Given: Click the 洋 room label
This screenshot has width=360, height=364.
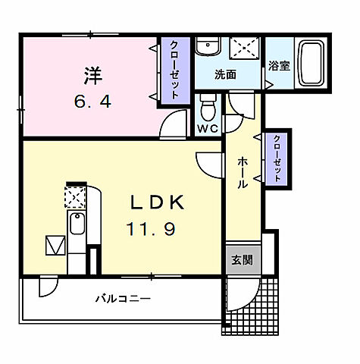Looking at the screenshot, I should [92, 76].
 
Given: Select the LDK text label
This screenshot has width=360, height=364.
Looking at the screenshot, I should [157, 202].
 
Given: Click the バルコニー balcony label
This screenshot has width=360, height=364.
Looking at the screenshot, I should [122, 299].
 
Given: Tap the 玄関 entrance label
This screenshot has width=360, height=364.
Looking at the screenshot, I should [241, 259].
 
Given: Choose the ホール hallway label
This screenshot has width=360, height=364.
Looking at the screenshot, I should [242, 172].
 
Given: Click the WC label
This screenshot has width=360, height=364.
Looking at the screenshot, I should [208, 128].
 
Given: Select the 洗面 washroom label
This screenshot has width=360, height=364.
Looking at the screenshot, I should [224, 74].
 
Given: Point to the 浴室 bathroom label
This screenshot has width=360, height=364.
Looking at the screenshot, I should [278, 66].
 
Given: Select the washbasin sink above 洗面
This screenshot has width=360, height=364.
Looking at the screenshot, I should [206, 48].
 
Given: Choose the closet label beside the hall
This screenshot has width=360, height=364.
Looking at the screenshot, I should [277, 158].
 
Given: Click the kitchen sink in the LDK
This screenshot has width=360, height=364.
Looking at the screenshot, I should [77, 224].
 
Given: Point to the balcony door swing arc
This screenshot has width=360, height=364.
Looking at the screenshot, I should [47, 287].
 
